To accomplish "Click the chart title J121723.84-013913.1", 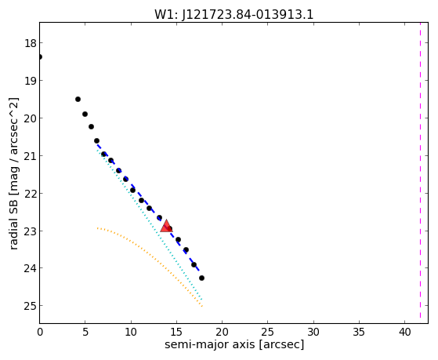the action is (x=248, y=15).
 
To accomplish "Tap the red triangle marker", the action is (x=166, y=226).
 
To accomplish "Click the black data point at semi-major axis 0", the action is (x=40, y=56).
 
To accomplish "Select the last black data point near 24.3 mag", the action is (x=201, y=278).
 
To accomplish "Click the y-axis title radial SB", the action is (x=14, y=173).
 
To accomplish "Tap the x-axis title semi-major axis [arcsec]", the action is (x=234, y=344).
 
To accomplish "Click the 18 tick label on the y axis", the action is (x=30, y=43).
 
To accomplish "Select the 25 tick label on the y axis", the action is (x=30, y=306).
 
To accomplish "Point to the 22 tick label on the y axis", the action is (x=30, y=193).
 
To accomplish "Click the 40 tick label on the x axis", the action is (x=405, y=332).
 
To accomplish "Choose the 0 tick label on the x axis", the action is (x=40, y=332).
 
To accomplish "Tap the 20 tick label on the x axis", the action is (x=222, y=332).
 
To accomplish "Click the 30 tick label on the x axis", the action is (x=313, y=332).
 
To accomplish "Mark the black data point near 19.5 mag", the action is (x=78, y=100).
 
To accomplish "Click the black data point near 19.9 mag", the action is (x=85, y=115).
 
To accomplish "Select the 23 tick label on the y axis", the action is (x=30, y=231).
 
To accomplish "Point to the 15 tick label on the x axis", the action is (x=176, y=332).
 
